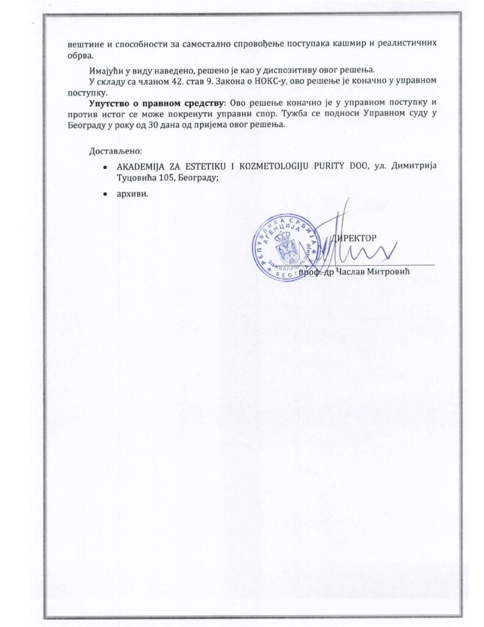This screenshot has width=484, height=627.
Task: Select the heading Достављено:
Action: pos(116,151)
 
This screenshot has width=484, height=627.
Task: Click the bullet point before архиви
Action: pos(106,193)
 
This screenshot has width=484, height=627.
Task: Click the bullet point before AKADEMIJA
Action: pos(106,167)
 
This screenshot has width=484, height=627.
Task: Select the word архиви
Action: pos(133,193)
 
